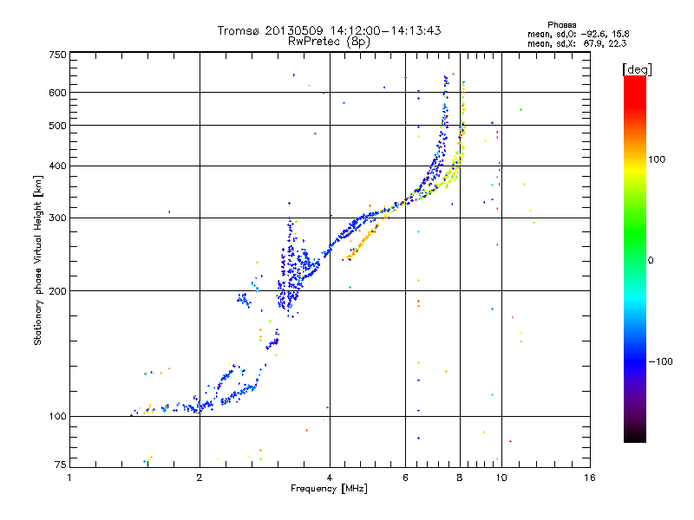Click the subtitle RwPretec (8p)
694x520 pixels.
click(x=329, y=42)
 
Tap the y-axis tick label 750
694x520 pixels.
click(x=57, y=55)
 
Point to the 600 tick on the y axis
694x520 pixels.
click(x=57, y=93)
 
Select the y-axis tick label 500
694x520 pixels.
click(x=57, y=126)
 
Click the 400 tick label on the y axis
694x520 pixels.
click(x=57, y=166)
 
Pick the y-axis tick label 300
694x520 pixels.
click(x=57, y=218)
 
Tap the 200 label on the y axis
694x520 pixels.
click(x=57, y=291)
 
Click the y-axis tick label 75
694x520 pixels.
click(x=61, y=465)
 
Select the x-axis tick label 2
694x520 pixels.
click(x=200, y=478)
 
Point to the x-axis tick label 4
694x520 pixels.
click(x=330, y=478)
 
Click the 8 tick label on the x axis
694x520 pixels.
click(x=460, y=478)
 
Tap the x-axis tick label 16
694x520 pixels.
click(x=590, y=478)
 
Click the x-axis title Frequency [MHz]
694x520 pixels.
click(x=329, y=489)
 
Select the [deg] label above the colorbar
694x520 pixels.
click(x=637, y=69)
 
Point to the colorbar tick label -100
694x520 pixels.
click(x=660, y=361)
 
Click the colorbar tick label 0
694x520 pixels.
click(x=651, y=261)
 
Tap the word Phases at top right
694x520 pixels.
click(x=561, y=25)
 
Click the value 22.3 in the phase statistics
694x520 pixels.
click(x=618, y=43)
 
